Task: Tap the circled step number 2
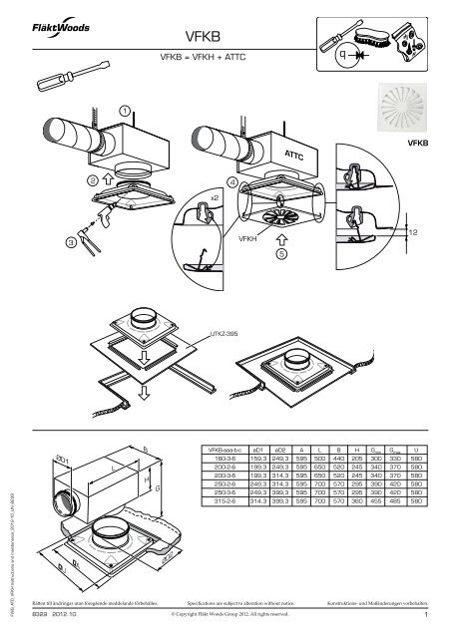point(92,180)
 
